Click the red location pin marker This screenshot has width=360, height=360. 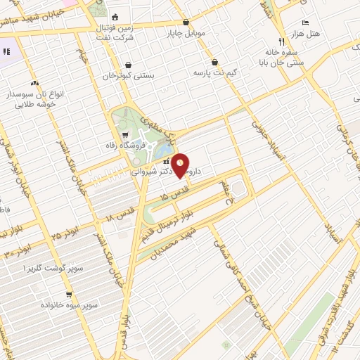(181, 165)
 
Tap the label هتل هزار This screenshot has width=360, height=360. (307, 34)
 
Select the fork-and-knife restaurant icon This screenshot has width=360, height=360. (281, 41)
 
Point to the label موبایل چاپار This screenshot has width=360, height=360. (185, 32)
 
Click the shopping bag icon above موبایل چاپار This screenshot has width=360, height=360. (186, 22)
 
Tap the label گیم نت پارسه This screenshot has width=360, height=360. (216, 72)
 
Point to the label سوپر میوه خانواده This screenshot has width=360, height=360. (68, 305)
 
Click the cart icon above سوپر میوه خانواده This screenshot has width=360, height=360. (68, 295)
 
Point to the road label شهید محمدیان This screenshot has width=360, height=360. (169, 244)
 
